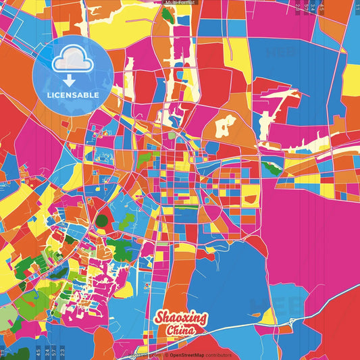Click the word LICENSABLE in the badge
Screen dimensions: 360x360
[x=73, y=95]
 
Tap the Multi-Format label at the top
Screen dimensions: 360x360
[x=180, y=3]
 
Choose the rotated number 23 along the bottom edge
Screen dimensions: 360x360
[x=63, y=351]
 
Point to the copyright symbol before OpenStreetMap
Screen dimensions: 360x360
[x=166, y=355]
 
